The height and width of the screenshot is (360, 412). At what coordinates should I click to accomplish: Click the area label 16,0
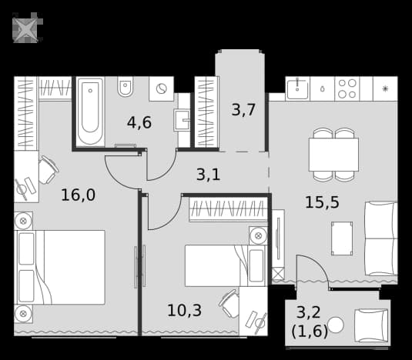pos(78,195)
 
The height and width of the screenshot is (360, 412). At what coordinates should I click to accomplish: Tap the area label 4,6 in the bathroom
pos(139,122)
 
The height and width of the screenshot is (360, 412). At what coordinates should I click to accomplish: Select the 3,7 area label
pos(243,110)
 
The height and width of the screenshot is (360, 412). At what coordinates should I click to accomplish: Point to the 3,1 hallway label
pos(208,174)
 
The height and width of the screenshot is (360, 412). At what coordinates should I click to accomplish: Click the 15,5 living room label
pos(322,202)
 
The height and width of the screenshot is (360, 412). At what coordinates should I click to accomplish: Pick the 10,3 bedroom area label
pos(185,310)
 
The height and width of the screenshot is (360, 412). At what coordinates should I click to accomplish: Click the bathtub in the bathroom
pos(90,112)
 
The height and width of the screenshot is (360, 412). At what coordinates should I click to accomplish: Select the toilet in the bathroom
pos(126,86)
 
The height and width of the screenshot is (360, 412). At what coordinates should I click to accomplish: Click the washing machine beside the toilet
pos(161,88)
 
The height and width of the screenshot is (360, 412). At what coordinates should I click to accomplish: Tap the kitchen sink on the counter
pos(297,88)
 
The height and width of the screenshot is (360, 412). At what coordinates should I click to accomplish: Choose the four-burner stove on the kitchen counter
pos(347,88)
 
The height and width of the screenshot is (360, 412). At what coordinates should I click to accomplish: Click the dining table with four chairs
pos(333,155)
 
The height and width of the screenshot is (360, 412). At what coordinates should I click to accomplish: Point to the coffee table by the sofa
pos(342,238)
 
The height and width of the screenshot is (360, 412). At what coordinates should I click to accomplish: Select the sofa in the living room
pos(381,238)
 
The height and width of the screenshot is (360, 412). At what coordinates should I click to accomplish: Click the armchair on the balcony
pos(371,325)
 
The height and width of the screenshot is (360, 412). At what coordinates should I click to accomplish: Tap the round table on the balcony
pos(336,325)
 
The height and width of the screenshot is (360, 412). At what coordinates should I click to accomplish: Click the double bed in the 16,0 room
pos(61,268)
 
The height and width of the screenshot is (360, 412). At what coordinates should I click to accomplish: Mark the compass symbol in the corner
pos(27,28)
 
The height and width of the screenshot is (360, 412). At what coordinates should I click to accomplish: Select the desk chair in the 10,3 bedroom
pos(229,303)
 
